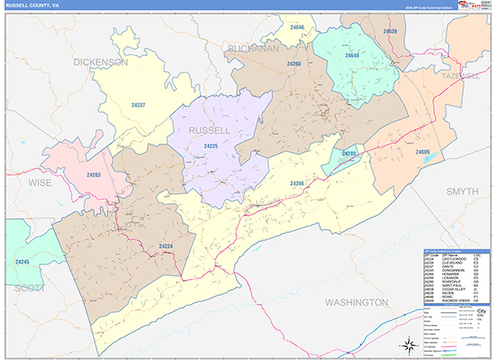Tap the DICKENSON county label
click(101, 62)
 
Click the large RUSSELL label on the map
click(210, 131)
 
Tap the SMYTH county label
click(462, 191)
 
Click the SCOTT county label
click(29, 288)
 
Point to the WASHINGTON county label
click(357, 302)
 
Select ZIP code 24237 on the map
click(139, 105)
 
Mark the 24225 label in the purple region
click(210, 146)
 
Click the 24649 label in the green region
click(352, 55)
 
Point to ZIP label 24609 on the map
click(422, 152)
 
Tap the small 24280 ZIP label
click(349, 154)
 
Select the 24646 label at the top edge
click(296, 28)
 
